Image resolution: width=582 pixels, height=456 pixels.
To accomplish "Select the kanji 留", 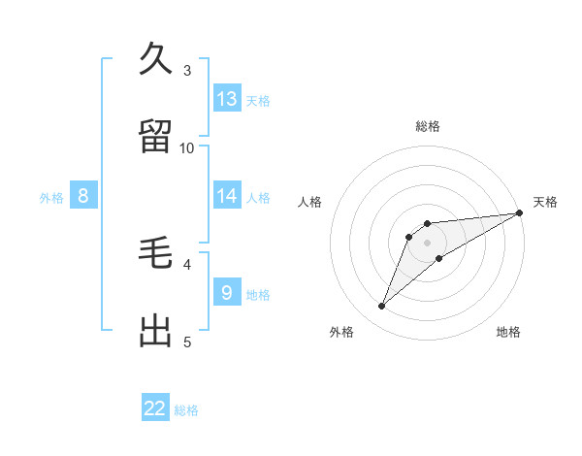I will tap(156, 136).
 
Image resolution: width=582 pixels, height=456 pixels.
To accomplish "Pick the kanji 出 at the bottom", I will tap(156, 330).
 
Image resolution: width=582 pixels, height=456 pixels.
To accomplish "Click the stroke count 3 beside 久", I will tap(187, 70).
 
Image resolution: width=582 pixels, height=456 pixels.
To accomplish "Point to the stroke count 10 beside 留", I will tap(187, 147).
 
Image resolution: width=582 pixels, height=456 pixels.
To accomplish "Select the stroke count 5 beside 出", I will tap(187, 342).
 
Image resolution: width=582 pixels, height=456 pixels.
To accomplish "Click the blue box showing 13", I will tap(227, 98).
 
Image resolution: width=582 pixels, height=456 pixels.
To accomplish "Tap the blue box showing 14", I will tap(227, 195).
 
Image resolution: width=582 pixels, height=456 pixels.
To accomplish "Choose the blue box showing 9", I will tap(227, 292).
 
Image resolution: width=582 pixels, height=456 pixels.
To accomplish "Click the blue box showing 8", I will tap(83, 195).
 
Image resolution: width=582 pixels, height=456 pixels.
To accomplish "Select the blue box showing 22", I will tap(155, 408).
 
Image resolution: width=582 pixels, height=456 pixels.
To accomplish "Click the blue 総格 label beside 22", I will tap(186, 410).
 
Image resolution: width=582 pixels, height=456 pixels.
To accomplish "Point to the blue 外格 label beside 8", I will tap(51, 198).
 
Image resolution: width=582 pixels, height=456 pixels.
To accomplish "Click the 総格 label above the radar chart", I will tap(428, 126).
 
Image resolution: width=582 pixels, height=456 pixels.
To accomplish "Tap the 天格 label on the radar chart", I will tap(545, 202).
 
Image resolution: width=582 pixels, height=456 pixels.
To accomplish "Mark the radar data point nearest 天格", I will tap(520, 213).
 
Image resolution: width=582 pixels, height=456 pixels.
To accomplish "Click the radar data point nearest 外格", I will tap(382, 307).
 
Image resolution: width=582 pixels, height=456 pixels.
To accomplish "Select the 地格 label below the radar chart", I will tap(508, 332).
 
